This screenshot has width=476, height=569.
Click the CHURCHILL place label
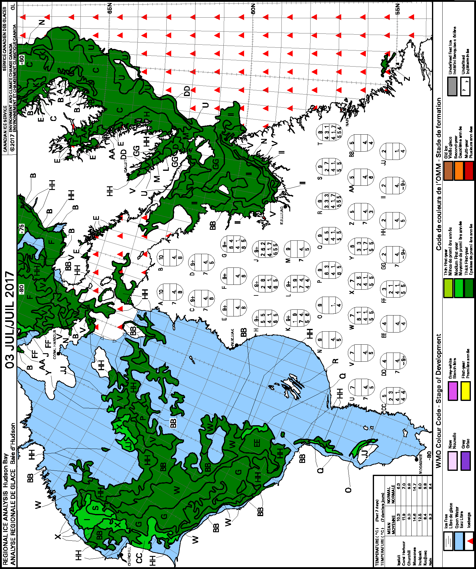coord(129,556)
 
